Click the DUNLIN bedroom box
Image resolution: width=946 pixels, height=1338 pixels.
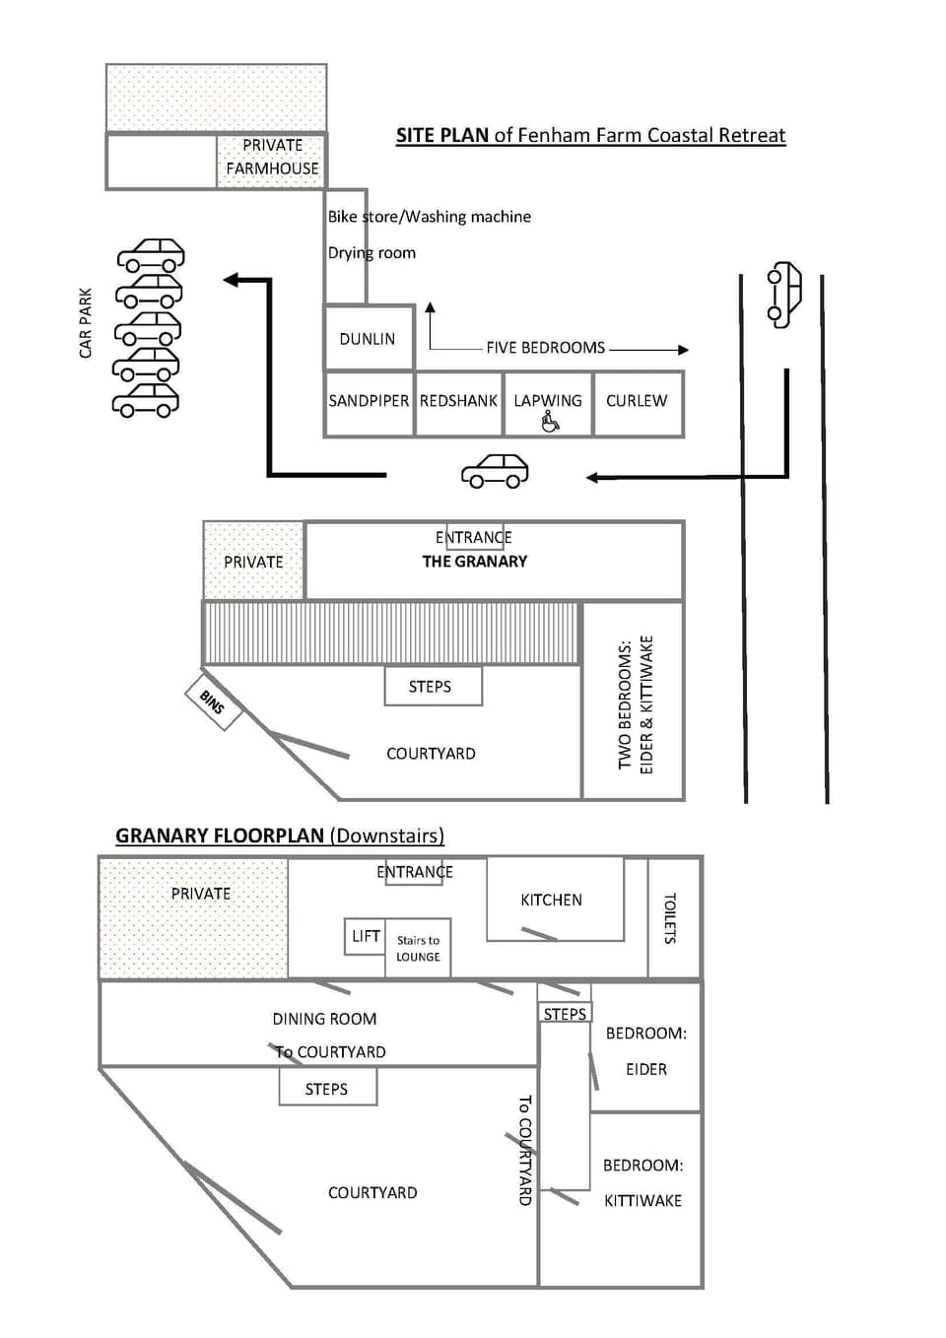pyautogui.click(x=368, y=339)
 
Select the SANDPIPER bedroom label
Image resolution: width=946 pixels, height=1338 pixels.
pyautogui.click(x=369, y=401)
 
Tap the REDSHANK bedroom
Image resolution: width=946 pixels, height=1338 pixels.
pyautogui.click(x=458, y=401)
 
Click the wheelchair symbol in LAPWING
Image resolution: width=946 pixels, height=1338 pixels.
pyautogui.click(x=550, y=423)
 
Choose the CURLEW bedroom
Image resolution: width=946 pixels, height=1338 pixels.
pyautogui.click(x=637, y=401)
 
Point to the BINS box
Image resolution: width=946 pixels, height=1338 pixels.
pyautogui.click(x=213, y=702)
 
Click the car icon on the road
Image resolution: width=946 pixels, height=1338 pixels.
pyautogui.click(x=784, y=294)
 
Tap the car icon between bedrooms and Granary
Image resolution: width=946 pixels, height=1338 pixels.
pyautogui.click(x=495, y=471)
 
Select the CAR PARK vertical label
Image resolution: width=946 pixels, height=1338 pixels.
pyautogui.click(x=86, y=323)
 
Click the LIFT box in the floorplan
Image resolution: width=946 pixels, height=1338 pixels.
pyautogui.click(x=366, y=936)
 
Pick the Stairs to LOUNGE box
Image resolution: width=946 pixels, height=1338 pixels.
pyautogui.click(x=418, y=948)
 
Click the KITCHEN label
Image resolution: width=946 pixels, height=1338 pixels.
pyautogui.click(x=551, y=900)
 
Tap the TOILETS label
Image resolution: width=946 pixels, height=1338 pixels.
pyautogui.click(x=670, y=918)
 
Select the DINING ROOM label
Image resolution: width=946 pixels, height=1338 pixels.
pyautogui.click(x=324, y=1019)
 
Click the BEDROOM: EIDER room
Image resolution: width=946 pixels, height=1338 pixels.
pyautogui.click(x=645, y=1050)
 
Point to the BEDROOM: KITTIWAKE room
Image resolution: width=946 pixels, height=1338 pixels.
pyautogui.click(x=643, y=1182)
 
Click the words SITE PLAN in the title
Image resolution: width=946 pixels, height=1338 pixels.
pyautogui.click(x=441, y=135)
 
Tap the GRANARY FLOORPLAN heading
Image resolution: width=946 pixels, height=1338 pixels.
pyautogui.click(x=220, y=836)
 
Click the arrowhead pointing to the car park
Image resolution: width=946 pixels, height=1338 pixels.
pyautogui.click(x=233, y=280)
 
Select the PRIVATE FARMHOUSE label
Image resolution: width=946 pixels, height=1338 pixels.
pyautogui.click(x=272, y=157)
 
